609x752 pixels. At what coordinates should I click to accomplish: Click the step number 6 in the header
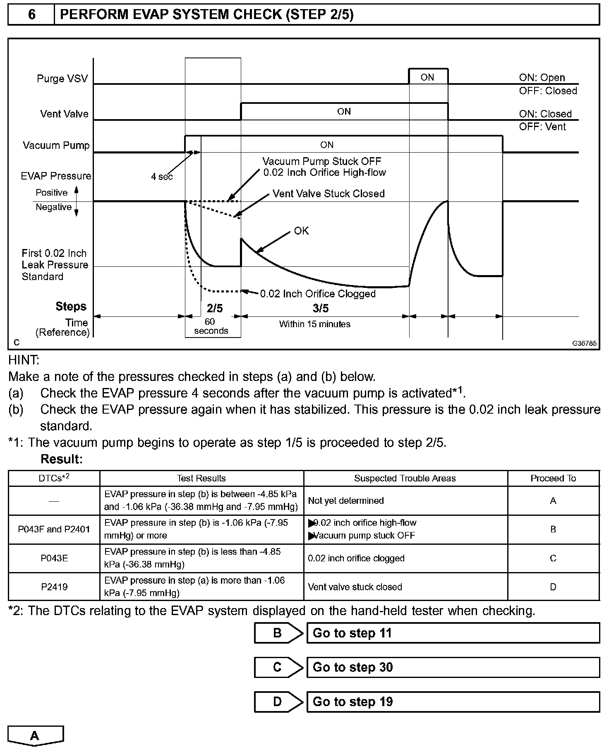(x=31, y=15)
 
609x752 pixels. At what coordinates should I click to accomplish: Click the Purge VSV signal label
(x=62, y=79)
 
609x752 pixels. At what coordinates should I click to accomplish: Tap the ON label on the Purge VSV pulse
(x=427, y=77)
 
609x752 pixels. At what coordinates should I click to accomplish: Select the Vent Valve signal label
(x=64, y=114)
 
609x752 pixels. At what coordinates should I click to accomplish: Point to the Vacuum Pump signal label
(x=56, y=145)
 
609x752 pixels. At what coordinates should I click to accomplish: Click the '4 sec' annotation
(x=162, y=177)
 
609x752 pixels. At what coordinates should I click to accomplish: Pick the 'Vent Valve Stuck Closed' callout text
(x=328, y=194)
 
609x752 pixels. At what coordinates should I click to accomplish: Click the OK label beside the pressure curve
(x=302, y=231)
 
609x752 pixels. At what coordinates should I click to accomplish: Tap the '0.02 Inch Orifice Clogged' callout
(x=318, y=294)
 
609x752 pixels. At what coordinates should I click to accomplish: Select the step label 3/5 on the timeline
(x=321, y=308)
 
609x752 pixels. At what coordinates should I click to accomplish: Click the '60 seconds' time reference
(x=211, y=326)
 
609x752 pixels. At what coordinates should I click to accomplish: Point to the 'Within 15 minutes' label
(x=314, y=324)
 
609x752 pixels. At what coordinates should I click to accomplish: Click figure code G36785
(x=584, y=343)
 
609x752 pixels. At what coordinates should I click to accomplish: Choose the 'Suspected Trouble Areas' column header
(x=405, y=478)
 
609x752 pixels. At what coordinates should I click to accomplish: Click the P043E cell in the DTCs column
(x=54, y=558)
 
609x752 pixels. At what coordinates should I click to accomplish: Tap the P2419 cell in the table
(x=54, y=587)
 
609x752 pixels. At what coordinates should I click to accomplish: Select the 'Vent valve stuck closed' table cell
(x=355, y=587)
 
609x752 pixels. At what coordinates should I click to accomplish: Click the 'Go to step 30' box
(x=453, y=667)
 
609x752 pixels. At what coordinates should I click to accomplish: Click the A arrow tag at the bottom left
(x=35, y=735)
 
